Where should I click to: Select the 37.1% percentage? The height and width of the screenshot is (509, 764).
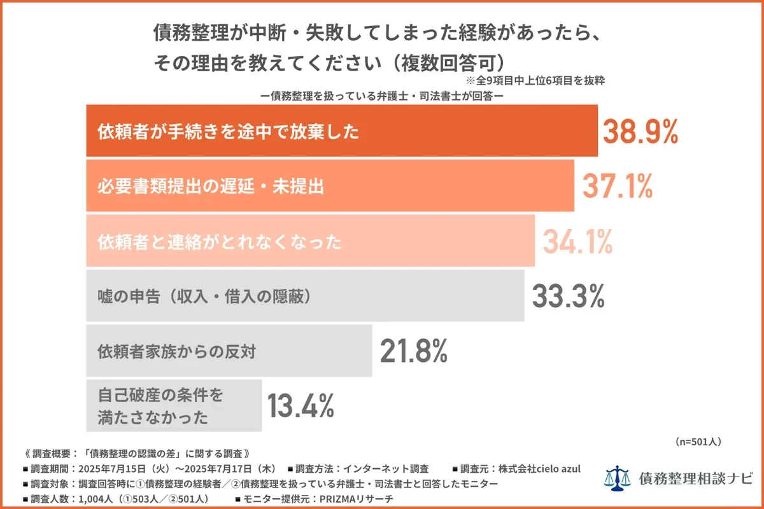[618, 186]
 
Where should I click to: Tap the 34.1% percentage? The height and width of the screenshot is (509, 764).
[577, 241]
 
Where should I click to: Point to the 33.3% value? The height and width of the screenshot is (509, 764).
[568, 296]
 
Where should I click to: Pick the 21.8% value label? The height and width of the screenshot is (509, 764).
[414, 351]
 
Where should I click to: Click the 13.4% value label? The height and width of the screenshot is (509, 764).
[301, 405]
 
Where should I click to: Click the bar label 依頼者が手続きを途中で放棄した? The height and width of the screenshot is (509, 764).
[228, 132]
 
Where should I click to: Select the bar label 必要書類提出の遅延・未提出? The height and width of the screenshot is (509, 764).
[211, 187]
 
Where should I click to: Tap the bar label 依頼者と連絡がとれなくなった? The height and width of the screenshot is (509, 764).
[220, 242]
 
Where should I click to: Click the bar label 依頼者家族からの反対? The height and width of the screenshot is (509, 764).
[176, 351]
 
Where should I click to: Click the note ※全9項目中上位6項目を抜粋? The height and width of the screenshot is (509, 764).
[535, 81]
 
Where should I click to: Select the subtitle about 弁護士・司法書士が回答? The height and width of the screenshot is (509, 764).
[382, 96]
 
